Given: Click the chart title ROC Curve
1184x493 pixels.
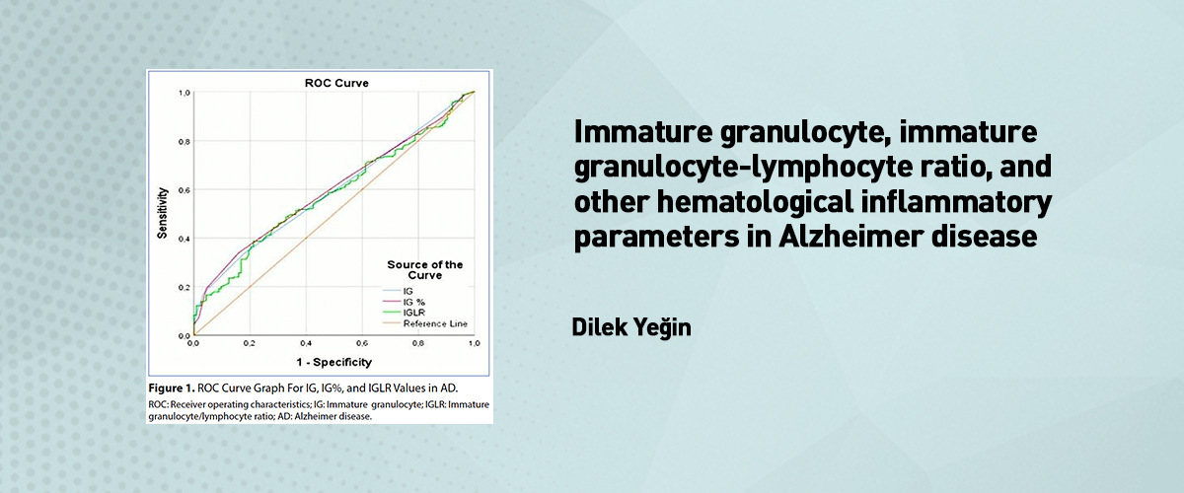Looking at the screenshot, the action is [336, 83].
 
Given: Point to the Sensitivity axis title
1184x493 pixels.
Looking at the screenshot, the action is [162, 213].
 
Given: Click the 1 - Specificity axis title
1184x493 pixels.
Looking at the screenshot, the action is [334, 362].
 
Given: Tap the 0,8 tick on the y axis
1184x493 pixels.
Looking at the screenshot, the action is [184, 142].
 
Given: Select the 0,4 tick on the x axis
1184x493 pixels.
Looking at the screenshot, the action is [306, 343].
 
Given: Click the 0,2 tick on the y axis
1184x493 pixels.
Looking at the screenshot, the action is [184, 288].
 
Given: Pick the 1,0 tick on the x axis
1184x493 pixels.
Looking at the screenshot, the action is [475, 343].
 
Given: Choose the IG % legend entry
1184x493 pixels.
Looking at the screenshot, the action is [413, 303].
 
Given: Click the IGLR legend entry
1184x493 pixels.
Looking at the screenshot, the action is [413, 313].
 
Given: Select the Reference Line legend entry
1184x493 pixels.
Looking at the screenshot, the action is [435, 324].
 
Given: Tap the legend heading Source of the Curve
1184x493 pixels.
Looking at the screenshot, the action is [425, 270].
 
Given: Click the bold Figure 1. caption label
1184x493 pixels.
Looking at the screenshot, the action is [172, 388].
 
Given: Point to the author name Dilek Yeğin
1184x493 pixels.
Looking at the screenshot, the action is [631, 327].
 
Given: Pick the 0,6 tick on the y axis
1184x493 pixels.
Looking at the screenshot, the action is [184, 190].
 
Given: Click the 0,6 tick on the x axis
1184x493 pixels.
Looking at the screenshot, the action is [362, 343].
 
